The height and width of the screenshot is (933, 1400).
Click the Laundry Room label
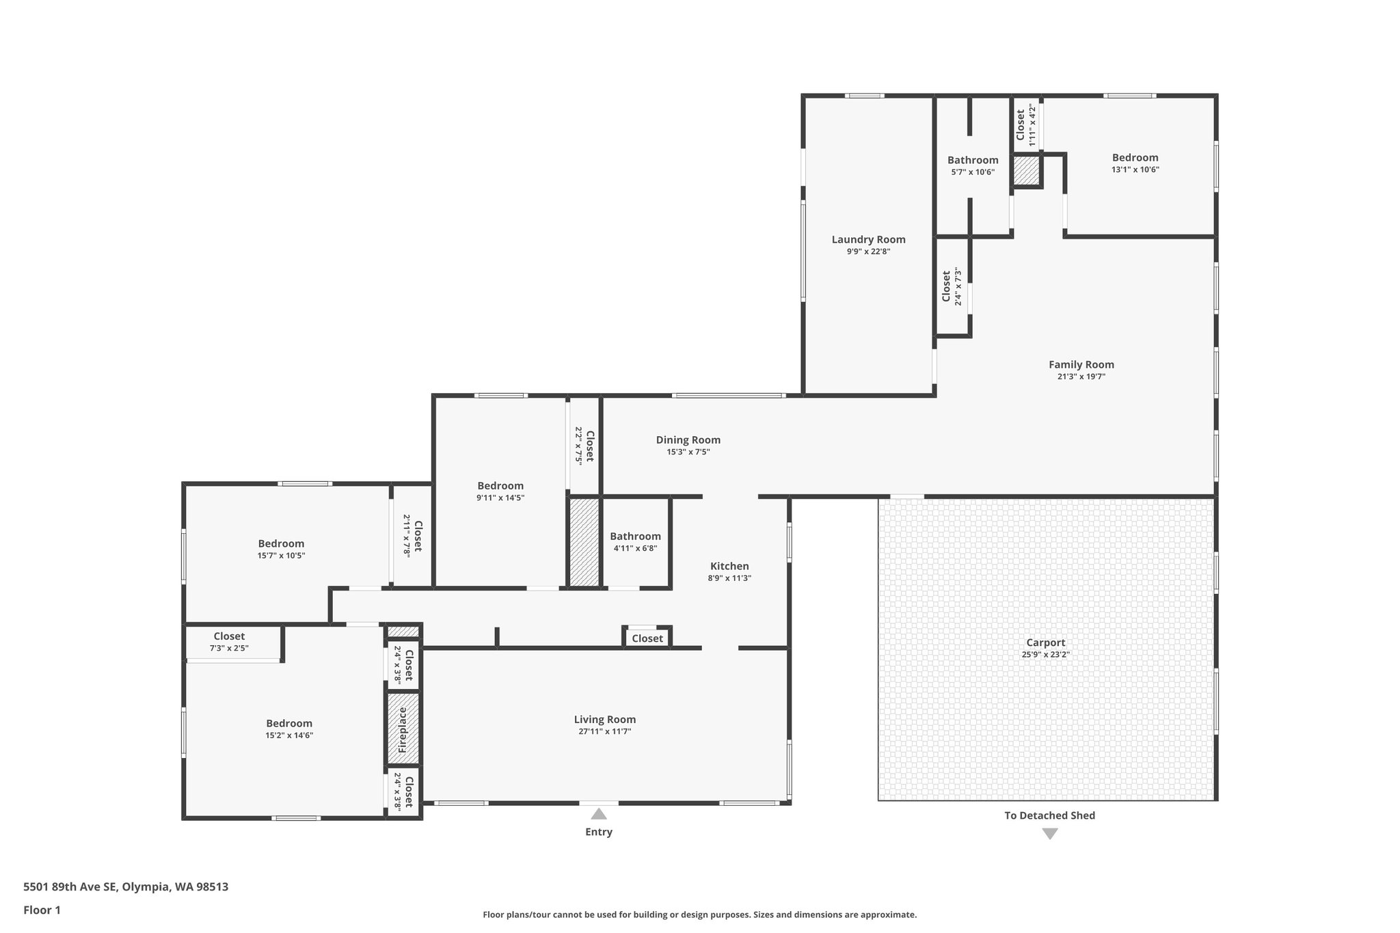tap(868, 239)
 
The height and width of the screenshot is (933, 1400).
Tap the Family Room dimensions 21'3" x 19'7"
tap(1081, 377)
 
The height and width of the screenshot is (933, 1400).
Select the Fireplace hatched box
tap(403, 729)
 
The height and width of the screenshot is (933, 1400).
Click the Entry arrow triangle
tap(599, 814)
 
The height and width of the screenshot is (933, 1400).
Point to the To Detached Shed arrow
tap(1050, 834)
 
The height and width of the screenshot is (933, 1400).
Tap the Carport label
tap(1045, 643)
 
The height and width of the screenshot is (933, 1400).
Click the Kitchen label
tap(729, 566)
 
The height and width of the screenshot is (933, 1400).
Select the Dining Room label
tap(688, 440)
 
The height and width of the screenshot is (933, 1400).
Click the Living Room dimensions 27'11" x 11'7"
tap(604, 731)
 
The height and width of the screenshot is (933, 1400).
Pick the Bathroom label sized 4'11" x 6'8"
tap(635, 537)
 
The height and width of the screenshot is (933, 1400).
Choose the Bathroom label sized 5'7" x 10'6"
tap(972, 161)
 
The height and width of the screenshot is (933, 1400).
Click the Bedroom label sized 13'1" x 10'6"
tap(1135, 158)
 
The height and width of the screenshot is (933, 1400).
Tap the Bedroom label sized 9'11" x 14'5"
tap(500, 486)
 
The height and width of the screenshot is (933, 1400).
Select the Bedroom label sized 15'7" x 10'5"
tap(281, 544)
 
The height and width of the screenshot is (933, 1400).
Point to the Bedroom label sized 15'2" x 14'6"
tap(289, 723)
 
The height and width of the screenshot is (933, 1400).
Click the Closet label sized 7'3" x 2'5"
tap(229, 636)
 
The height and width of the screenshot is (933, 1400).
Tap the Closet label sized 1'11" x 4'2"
tap(1021, 124)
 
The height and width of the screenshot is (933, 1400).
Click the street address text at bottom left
tap(126, 887)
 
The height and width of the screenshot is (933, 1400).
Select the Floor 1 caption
tap(42, 910)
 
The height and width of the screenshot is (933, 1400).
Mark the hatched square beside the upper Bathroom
tap(1025, 170)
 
